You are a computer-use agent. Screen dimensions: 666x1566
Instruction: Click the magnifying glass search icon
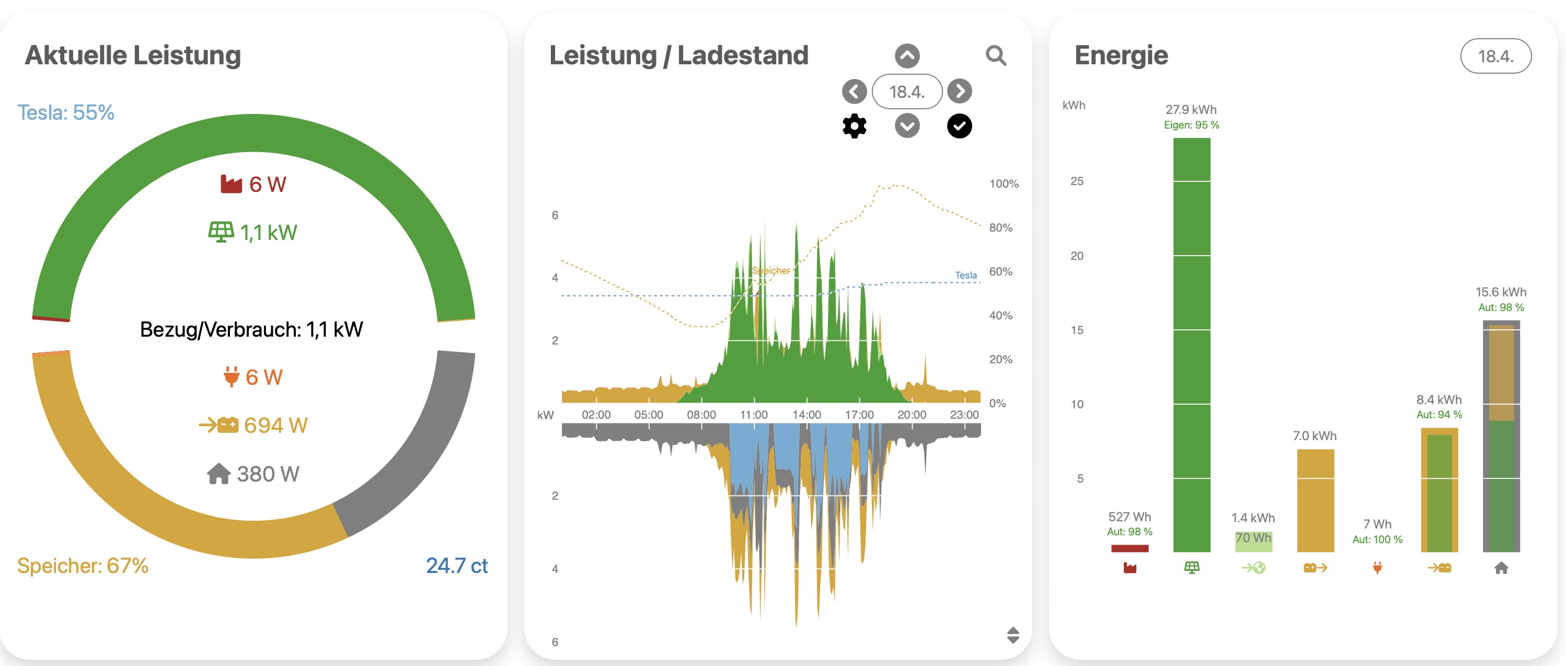(995, 56)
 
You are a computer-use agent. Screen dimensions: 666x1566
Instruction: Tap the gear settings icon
(854, 126)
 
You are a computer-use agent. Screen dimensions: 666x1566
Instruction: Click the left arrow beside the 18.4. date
(854, 91)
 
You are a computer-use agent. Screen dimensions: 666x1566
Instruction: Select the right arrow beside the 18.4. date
(959, 91)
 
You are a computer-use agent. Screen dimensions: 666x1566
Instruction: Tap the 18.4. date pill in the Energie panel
(1495, 56)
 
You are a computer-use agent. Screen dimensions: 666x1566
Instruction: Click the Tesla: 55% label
(66, 112)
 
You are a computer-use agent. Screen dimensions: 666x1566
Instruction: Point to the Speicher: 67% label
(83, 566)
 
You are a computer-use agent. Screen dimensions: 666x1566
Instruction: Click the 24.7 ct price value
(456, 566)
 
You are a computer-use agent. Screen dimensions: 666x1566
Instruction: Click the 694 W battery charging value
(275, 425)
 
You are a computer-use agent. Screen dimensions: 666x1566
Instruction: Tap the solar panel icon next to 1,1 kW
(221, 232)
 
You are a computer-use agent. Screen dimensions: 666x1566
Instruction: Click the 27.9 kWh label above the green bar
(1191, 109)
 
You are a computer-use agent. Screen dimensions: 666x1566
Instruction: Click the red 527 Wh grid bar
(1130, 548)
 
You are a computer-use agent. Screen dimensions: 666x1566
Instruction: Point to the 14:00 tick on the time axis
(806, 415)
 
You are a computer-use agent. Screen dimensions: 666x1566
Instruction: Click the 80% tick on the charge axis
(1000, 227)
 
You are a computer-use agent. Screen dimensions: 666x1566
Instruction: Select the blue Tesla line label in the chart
(965, 275)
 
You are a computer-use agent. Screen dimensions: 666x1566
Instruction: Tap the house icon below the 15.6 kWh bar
(1501, 568)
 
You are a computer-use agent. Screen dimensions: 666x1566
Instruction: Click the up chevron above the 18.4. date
(907, 56)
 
